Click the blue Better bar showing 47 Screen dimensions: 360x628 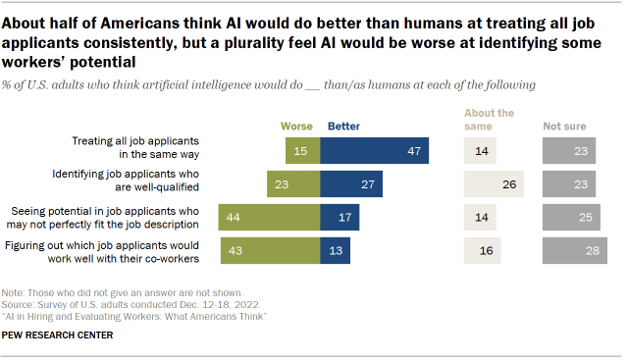click(374, 150)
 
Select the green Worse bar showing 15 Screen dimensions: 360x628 click(302, 150)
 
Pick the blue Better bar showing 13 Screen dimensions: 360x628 click(335, 250)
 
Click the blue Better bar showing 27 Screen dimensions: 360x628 click(350, 183)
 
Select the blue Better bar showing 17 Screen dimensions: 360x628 click(340, 217)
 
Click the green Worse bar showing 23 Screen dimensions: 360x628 click(293, 183)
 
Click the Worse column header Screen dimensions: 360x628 click(297, 126)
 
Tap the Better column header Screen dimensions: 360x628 click(343, 126)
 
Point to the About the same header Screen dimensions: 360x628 click(490, 120)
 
